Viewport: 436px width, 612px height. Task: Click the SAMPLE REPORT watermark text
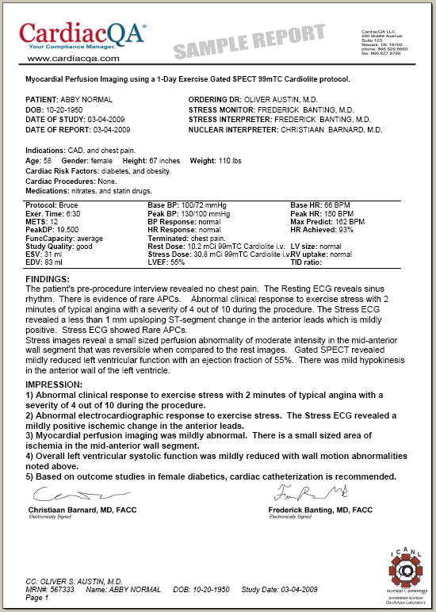click(249, 44)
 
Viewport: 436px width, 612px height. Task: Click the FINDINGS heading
click(48, 280)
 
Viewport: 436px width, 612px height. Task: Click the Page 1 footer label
click(36, 598)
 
